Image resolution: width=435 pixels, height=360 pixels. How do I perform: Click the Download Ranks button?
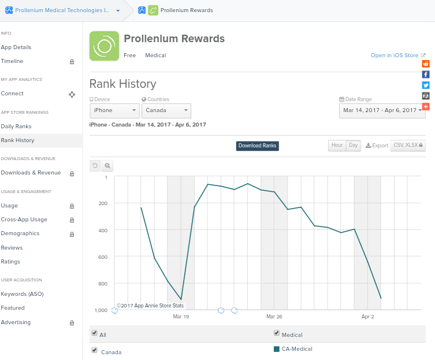(x=257, y=146)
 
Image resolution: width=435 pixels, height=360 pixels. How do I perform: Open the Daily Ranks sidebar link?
(x=16, y=126)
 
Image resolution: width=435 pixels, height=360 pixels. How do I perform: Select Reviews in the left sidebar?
(x=12, y=247)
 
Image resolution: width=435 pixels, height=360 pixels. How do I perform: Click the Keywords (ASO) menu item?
(x=22, y=294)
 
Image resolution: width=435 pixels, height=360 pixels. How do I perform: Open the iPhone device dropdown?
(x=114, y=110)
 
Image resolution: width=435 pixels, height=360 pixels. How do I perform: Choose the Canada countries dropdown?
(x=166, y=110)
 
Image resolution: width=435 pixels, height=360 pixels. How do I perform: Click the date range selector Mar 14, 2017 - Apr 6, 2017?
(x=382, y=110)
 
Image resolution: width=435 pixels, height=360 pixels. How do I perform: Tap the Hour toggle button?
(x=337, y=146)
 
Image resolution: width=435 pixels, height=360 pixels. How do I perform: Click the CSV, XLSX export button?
(x=407, y=146)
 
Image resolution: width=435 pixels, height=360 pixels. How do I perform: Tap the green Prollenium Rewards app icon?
(x=104, y=46)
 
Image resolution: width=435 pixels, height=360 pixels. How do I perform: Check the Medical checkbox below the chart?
(x=277, y=333)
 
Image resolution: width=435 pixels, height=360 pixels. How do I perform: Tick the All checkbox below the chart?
(x=95, y=333)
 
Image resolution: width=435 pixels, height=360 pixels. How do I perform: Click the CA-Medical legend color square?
(x=277, y=348)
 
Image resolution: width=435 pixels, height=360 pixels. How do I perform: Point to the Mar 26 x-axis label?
(x=274, y=317)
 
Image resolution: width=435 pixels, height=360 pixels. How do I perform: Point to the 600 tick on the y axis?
(x=102, y=257)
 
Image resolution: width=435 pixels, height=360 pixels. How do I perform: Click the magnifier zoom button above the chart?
(x=107, y=166)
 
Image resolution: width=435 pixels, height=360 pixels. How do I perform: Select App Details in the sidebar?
(x=16, y=47)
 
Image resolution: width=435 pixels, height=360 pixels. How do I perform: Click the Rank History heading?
(x=122, y=84)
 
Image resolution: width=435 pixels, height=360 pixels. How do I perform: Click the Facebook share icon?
(x=426, y=74)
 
